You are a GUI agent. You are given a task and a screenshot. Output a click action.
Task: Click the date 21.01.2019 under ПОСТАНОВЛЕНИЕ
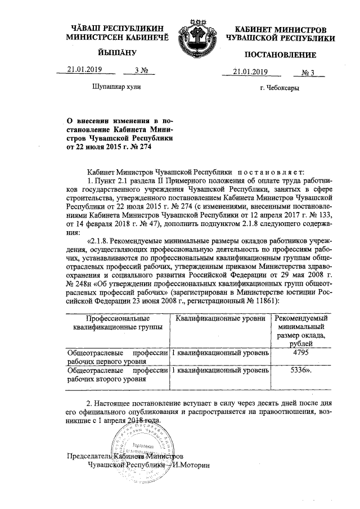pos(248,71)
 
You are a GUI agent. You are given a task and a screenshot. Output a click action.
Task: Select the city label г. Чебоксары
pos(279,89)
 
